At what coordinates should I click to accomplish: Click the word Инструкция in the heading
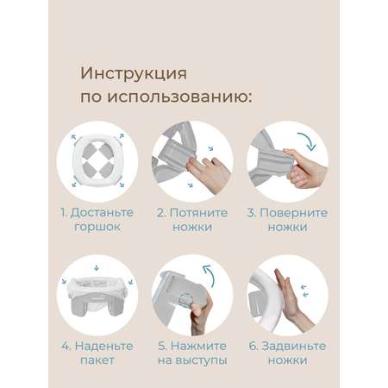[134, 74]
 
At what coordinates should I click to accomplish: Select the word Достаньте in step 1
[102, 213]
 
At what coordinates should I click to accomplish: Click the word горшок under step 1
[97, 227]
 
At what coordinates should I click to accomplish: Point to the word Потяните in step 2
[198, 213]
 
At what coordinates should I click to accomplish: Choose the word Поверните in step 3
[293, 213]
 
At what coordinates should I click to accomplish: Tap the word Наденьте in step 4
[104, 346]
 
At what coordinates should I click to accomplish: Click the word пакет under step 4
[97, 360]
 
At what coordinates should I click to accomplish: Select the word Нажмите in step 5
[198, 346]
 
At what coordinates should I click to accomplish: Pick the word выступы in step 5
[201, 360]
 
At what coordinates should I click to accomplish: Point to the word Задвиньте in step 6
[294, 346]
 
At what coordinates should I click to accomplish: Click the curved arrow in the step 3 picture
[309, 140]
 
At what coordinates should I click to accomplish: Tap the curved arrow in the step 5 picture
[210, 274]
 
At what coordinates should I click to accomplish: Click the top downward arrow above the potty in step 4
[97, 267]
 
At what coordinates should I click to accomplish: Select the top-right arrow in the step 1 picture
[122, 135]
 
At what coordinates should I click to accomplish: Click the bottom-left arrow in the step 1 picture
[74, 185]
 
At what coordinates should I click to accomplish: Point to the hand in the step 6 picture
[291, 299]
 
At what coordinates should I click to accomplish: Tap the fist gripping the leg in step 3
[304, 167]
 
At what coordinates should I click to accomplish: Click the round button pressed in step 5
[184, 300]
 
